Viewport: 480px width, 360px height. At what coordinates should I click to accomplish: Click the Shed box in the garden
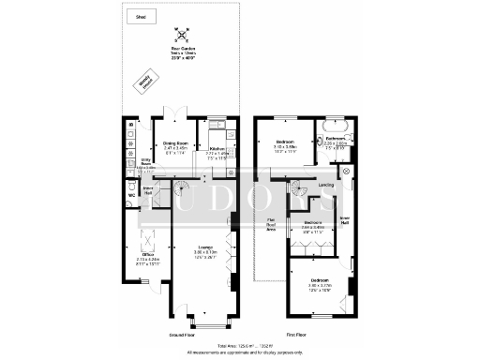coord(141,17)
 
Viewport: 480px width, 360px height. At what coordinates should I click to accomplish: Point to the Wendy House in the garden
coord(146,82)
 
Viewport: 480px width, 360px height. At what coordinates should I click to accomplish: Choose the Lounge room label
coord(192,251)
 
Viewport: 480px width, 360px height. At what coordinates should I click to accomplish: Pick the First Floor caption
coord(295,333)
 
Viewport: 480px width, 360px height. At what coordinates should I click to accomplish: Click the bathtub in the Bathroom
coord(335,126)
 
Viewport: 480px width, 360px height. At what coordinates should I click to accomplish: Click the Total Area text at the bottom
coord(240,345)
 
